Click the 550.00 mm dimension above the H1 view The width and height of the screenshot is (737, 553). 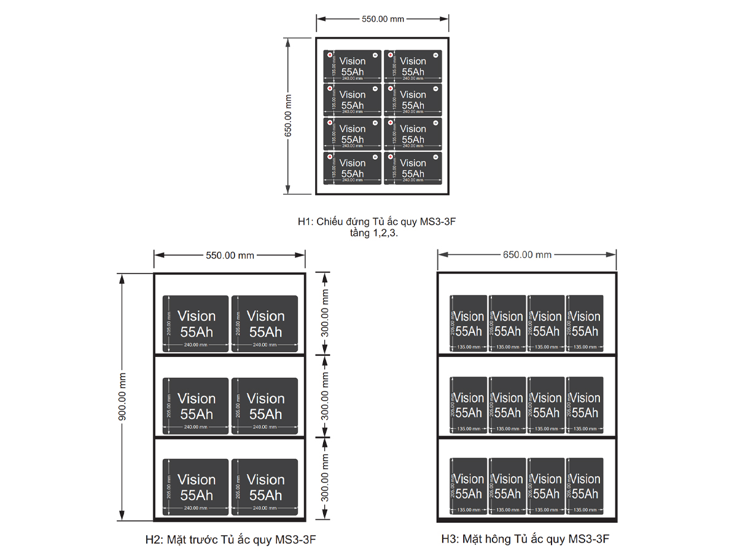coord(383,19)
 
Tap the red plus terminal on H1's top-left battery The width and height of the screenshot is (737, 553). coord(330,55)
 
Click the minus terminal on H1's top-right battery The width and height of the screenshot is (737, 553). coord(435,55)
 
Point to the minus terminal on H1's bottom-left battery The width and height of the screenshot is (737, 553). coord(375,157)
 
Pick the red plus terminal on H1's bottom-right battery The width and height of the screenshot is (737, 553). coord(390,157)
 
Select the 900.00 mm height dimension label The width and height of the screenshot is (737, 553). coord(122,397)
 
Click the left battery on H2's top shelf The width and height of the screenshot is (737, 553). coord(196,324)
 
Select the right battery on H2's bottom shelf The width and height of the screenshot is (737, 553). coord(265,487)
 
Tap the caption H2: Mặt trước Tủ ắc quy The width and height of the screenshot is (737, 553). coord(230,540)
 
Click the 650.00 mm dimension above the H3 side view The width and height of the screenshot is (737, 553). coord(527,255)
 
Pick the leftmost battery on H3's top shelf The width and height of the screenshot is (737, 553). coord(469,323)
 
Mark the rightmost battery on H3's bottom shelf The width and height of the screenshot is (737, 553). coord(585,486)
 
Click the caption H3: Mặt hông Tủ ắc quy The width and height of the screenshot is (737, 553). coord(525,540)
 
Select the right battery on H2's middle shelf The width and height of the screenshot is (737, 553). coord(265,406)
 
